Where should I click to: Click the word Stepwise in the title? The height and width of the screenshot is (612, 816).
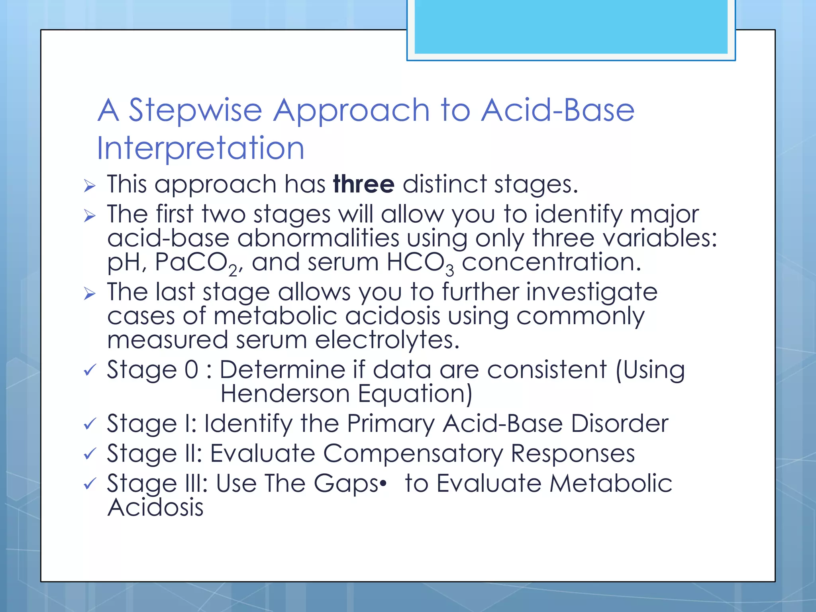point(195,111)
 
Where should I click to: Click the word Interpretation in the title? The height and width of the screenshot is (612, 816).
point(201,148)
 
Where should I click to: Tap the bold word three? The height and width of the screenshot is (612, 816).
point(363,184)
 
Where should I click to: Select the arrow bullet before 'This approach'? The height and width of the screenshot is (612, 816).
point(90,186)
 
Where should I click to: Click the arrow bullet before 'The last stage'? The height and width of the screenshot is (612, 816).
point(90,294)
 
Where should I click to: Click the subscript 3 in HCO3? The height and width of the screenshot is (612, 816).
point(449,271)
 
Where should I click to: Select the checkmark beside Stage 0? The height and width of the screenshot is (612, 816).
point(90,371)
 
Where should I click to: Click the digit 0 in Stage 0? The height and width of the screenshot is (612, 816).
point(192,369)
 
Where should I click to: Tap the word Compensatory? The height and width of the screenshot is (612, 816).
point(413,454)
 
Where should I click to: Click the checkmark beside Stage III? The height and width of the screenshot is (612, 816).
point(90,484)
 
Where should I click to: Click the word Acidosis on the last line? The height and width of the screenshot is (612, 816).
point(155,508)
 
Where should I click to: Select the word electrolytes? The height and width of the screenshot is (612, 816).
point(387,340)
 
